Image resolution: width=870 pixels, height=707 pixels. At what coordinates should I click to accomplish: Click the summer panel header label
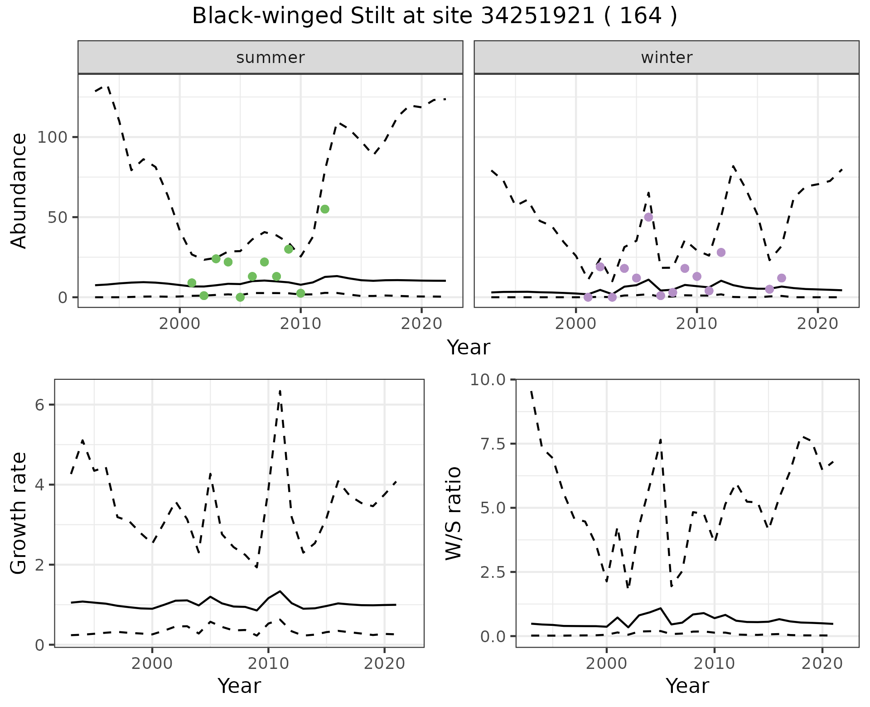click(x=271, y=58)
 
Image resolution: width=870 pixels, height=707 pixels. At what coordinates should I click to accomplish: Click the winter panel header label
click(x=667, y=58)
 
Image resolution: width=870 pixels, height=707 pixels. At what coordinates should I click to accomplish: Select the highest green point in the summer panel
click(x=324, y=209)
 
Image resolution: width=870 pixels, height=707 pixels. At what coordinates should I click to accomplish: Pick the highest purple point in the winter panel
click(x=648, y=217)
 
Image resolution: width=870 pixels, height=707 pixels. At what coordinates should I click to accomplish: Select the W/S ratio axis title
click(x=453, y=513)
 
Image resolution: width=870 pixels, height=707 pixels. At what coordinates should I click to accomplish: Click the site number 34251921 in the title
click(x=537, y=16)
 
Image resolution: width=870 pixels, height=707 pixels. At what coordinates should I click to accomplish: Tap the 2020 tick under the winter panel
click(x=817, y=324)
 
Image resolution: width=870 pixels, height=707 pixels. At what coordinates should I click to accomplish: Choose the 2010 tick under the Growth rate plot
click(x=268, y=664)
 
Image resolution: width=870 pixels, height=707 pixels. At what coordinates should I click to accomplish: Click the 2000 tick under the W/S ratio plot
click(x=606, y=664)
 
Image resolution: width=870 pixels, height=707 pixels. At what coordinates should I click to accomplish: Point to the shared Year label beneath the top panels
click(x=469, y=348)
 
